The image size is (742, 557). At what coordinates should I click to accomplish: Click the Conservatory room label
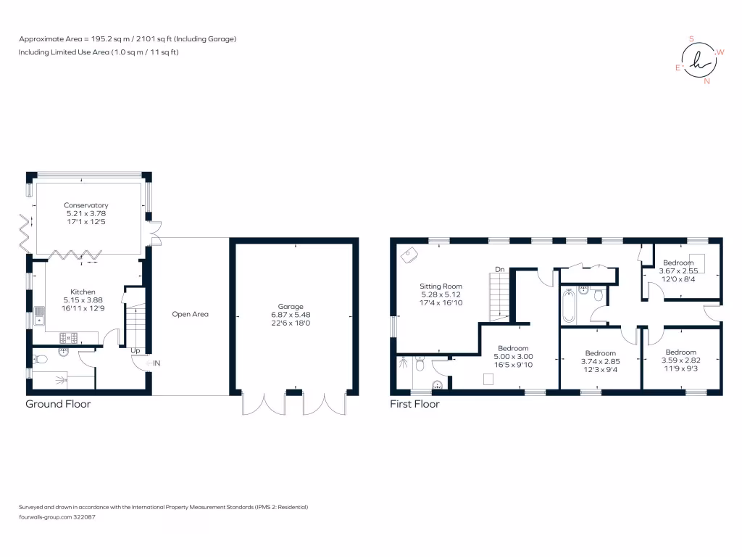pos(86,205)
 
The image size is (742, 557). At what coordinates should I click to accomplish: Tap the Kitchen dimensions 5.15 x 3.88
pos(83,300)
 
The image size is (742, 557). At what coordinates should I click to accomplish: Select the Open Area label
pos(191,314)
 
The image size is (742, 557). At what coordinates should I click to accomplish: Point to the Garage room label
pos(291,307)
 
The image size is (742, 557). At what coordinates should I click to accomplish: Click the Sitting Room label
pos(441,286)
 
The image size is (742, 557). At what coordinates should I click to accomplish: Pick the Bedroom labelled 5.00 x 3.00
pos(514,348)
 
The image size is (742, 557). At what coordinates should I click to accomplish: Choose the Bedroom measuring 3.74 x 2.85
pos(601,353)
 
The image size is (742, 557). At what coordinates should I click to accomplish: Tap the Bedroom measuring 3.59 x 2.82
pos(681,352)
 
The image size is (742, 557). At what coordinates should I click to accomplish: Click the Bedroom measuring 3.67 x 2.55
pos(678,263)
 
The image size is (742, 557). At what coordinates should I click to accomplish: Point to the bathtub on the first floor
pos(569,307)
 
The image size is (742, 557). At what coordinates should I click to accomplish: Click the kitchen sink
pos(39,316)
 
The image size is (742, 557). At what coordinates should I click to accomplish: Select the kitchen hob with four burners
pos(69,338)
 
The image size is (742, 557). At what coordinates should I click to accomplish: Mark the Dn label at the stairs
pos(500,269)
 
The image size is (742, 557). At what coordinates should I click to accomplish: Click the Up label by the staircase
pos(136,350)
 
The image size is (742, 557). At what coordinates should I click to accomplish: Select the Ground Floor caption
pos(58,404)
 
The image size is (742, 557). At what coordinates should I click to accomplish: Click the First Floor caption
pos(414,404)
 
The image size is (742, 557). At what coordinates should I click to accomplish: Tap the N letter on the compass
pos(707,81)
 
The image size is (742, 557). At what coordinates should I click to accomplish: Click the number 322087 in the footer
pos(84,517)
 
